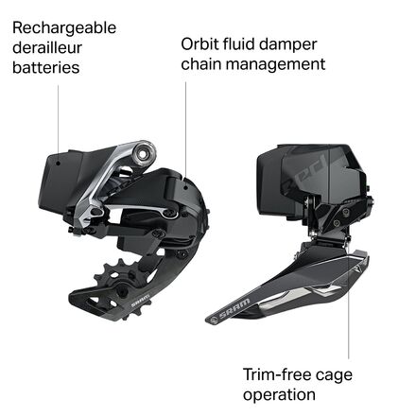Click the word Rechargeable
click(x=64, y=28)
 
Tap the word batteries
click(x=46, y=68)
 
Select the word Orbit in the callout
click(x=199, y=43)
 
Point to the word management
click(x=276, y=64)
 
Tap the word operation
click(x=279, y=395)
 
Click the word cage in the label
click(x=334, y=376)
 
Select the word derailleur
click(x=47, y=48)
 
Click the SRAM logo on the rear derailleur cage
click(x=141, y=301)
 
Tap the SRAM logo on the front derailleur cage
click(x=234, y=308)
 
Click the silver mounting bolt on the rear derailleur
click(x=144, y=153)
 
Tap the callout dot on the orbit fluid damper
click(x=186, y=188)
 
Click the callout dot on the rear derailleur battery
click(x=58, y=163)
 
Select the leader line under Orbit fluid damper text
click(x=185, y=134)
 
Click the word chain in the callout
click(x=201, y=63)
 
